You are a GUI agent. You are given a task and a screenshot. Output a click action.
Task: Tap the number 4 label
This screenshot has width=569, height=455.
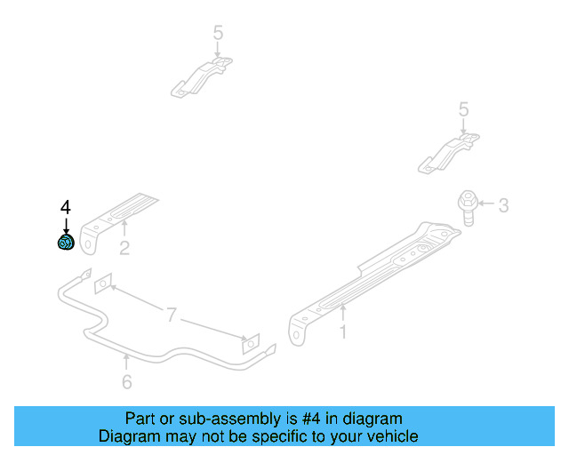65,207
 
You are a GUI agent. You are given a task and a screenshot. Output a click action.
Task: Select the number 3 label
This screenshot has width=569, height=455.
502,206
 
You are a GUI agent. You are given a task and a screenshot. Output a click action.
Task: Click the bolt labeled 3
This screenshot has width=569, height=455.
467,205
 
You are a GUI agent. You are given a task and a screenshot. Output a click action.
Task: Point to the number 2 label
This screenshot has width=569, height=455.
124,249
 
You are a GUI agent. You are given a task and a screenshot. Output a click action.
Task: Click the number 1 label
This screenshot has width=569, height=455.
342,332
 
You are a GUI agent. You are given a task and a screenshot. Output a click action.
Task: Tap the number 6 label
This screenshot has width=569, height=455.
126,382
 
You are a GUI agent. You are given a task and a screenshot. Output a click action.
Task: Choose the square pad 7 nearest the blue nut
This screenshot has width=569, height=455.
104,283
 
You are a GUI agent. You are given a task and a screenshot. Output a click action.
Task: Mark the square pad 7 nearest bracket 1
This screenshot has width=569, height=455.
250,342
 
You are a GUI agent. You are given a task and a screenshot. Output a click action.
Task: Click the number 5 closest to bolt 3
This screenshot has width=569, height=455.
462,109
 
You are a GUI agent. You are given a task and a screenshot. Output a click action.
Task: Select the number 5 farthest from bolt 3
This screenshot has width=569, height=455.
218,34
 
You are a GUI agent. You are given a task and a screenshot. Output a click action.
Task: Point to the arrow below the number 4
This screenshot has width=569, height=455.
65,225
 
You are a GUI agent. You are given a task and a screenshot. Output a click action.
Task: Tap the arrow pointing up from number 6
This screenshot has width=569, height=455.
126,363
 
